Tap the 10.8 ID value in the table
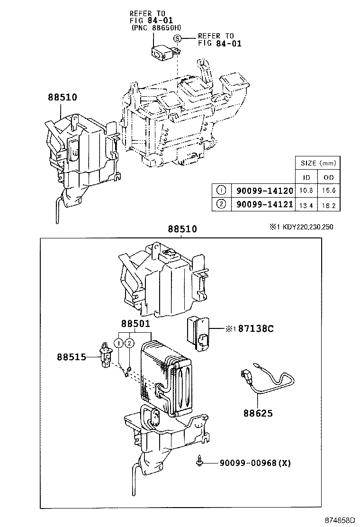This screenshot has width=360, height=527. [x=306, y=191]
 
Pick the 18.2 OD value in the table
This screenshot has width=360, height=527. [x=329, y=205]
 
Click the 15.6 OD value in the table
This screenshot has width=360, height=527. [x=329, y=191]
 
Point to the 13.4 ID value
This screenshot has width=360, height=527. [x=306, y=205]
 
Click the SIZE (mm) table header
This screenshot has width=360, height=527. [x=318, y=163]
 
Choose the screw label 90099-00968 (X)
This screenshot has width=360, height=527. [x=254, y=463]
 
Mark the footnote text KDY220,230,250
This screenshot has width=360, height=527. [x=308, y=227]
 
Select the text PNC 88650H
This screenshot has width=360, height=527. [x=156, y=28]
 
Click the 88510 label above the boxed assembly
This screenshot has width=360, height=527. [x=182, y=229]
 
